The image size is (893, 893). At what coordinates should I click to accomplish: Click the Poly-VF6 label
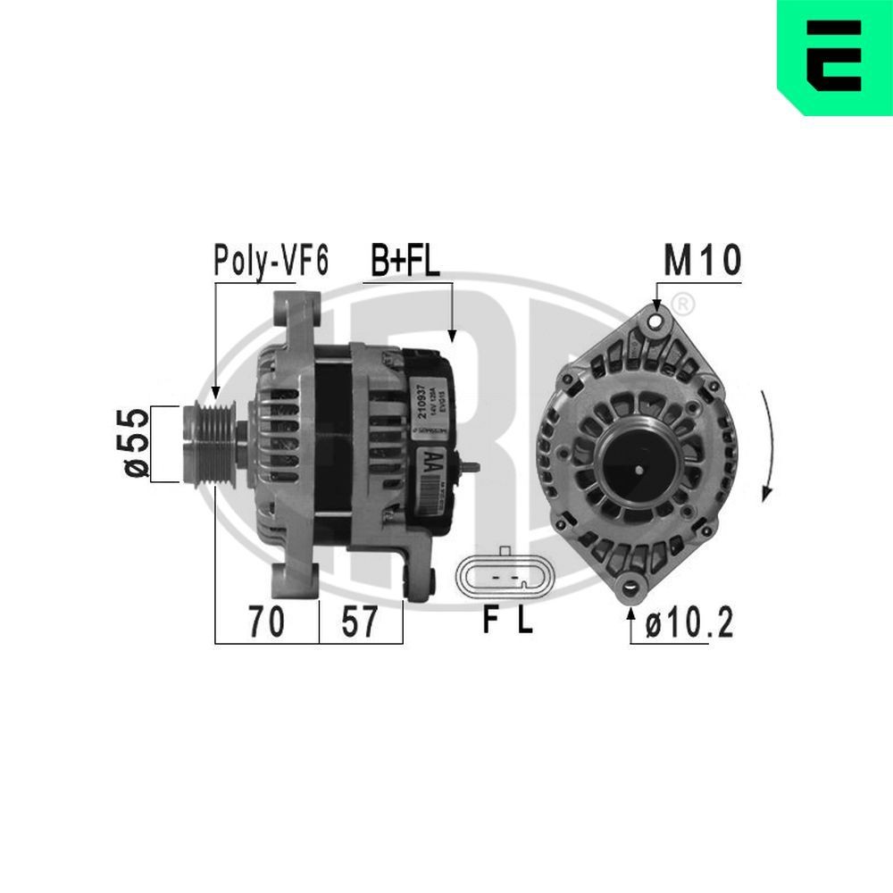click(x=271, y=261)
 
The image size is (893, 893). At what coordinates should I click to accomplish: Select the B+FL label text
click(x=406, y=261)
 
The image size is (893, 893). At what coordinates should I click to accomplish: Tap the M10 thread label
click(x=702, y=261)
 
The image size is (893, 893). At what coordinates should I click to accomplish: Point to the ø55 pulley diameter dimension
click(x=135, y=444)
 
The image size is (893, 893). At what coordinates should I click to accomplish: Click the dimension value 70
click(x=266, y=622)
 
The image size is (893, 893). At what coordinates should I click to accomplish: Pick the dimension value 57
click(x=360, y=622)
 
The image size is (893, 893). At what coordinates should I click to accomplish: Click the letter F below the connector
click(x=489, y=622)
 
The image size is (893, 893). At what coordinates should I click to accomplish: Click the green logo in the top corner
click(x=834, y=58)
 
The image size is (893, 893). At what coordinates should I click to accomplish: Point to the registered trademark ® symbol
click(x=681, y=304)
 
